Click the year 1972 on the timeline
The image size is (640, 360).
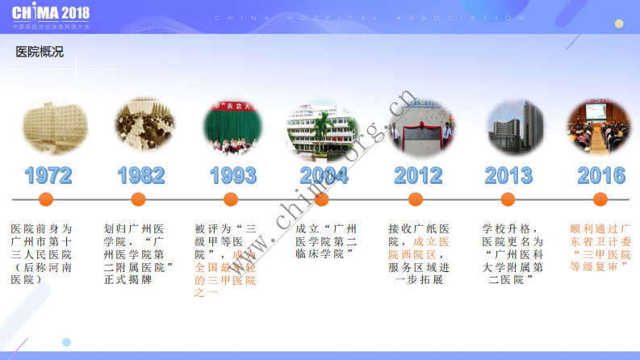(x=48, y=175)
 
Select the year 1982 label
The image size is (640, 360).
(x=140, y=175)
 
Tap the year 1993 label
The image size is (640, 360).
(x=232, y=175)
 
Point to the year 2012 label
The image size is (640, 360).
(x=417, y=175)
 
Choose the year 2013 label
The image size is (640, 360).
(x=509, y=175)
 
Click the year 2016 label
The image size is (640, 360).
(x=601, y=175)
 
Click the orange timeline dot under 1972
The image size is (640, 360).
(x=46, y=199)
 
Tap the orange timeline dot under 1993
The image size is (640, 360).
(x=231, y=199)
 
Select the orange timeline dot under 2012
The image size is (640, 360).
(x=416, y=199)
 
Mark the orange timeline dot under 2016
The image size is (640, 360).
(x=600, y=199)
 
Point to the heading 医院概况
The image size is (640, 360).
(x=40, y=52)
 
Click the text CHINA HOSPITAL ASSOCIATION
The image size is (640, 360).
(x=370, y=17)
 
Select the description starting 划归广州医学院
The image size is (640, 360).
(x=139, y=253)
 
